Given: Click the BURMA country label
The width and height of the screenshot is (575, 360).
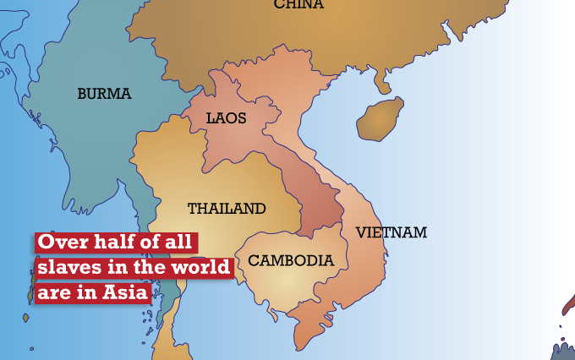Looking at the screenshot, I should [x=104, y=94].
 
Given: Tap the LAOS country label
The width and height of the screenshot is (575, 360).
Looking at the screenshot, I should [x=226, y=118].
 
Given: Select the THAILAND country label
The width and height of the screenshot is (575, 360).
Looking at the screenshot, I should [x=227, y=208].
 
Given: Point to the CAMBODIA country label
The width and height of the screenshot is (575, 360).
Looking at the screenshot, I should [x=291, y=260].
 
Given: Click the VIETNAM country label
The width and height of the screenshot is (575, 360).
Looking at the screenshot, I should [x=391, y=232].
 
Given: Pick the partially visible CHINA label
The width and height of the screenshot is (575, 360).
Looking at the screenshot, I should [x=298, y=5].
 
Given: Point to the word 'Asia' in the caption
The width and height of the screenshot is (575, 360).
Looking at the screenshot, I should [x=125, y=293].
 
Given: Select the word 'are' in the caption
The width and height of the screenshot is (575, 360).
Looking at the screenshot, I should [x=56, y=293].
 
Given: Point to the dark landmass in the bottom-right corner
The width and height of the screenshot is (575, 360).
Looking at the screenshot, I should [x=565, y=348].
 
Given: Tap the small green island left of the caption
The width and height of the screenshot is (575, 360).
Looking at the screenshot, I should [x=25, y=318].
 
